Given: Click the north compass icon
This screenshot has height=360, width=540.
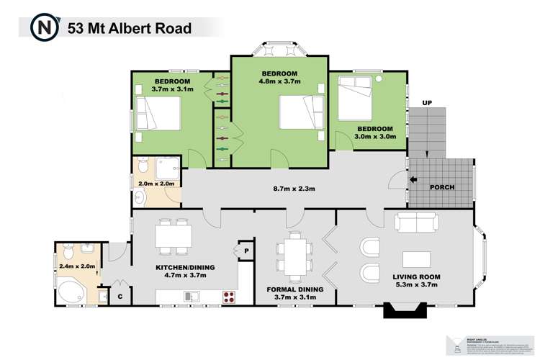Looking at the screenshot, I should tap(44, 28).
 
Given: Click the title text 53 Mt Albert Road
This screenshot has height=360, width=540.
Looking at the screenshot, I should tap(130, 29).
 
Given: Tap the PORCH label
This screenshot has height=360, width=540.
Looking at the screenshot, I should tap(441, 188).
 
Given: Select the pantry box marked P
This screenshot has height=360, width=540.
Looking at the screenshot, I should tap(246, 251).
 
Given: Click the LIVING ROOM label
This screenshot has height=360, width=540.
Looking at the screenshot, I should tap(415, 276).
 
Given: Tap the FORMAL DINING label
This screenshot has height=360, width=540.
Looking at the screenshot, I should tap(294, 289).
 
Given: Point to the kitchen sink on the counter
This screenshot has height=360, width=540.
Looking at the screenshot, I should tap(192, 295).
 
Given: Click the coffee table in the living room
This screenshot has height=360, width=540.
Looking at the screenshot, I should tap(417, 258).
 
